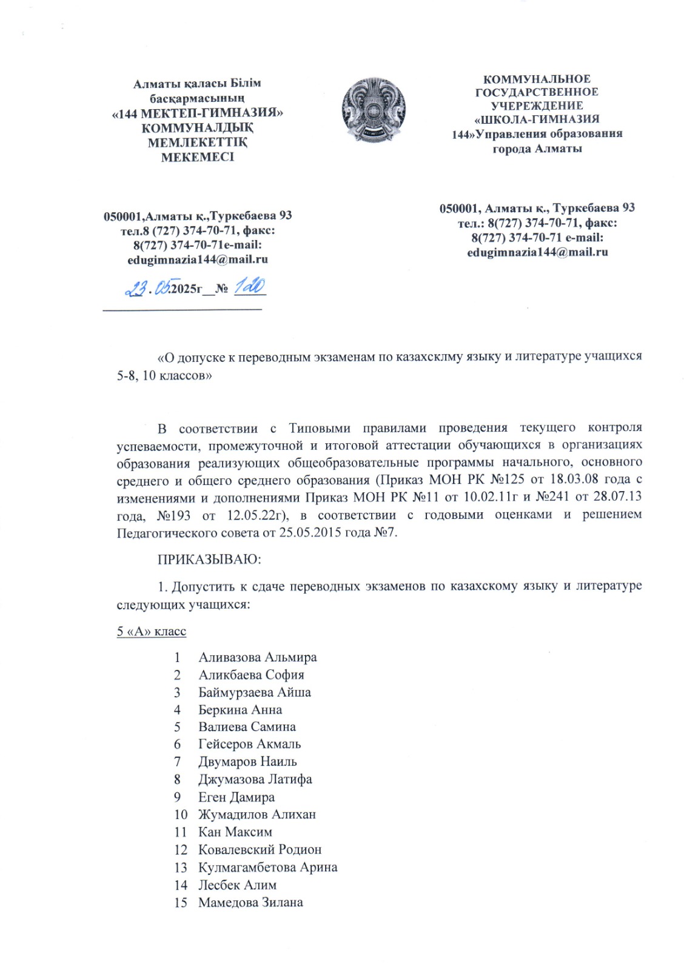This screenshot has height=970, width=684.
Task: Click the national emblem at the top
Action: pyautogui.click(x=372, y=110)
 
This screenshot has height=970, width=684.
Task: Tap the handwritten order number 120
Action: pyautogui.click(x=250, y=286)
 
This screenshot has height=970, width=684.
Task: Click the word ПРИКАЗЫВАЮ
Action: pyautogui.click(x=209, y=560)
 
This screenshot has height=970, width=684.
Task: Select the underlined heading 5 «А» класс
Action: pyautogui.click(x=151, y=632)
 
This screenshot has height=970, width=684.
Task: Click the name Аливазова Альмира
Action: pyautogui.click(x=257, y=657)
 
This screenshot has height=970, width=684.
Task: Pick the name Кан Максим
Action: pyautogui.click(x=235, y=832)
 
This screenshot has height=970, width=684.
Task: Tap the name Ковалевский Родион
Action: pyautogui.click(x=260, y=849)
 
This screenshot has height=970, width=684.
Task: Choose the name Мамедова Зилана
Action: pyautogui.click(x=250, y=902)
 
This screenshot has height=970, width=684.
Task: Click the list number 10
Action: pyautogui.click(x=181, y=814)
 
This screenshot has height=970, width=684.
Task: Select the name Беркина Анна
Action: pyautogui.click(x=240, y=709)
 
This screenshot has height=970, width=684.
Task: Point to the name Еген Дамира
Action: pyautogui.click(x=236, y=797)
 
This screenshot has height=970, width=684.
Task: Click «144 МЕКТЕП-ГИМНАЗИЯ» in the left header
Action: pyautogui.click(x=198, y=113)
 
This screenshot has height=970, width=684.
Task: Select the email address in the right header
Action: pyautogui.click(x=537, y=252)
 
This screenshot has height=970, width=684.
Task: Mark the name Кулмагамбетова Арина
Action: pyautogui.click(x=267, y=867)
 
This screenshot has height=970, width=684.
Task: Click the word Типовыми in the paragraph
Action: pyautogui.click(x=320, y=428)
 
